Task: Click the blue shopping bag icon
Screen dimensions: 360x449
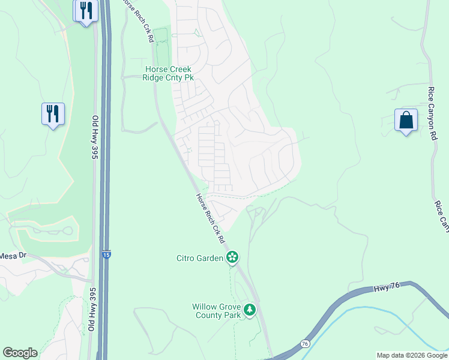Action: click(x=406, y=120)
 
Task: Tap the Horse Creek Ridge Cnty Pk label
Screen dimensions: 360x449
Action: click(x=168, y=73)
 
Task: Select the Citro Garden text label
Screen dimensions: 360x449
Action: click(x=199, y=259)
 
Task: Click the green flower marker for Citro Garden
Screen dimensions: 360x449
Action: click(x=232, y=258)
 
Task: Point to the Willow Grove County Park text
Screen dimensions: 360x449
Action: click(x=216, y=311)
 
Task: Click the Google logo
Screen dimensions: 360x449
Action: click(x=20, y=353)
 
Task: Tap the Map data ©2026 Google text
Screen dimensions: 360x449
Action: click(x=411, y=355)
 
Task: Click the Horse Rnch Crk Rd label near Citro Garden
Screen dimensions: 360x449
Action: click(x=209, y=218)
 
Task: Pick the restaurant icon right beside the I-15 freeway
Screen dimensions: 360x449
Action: click(x=86, y=11)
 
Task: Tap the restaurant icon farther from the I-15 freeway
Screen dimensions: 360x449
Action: click(x=53, y=113)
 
